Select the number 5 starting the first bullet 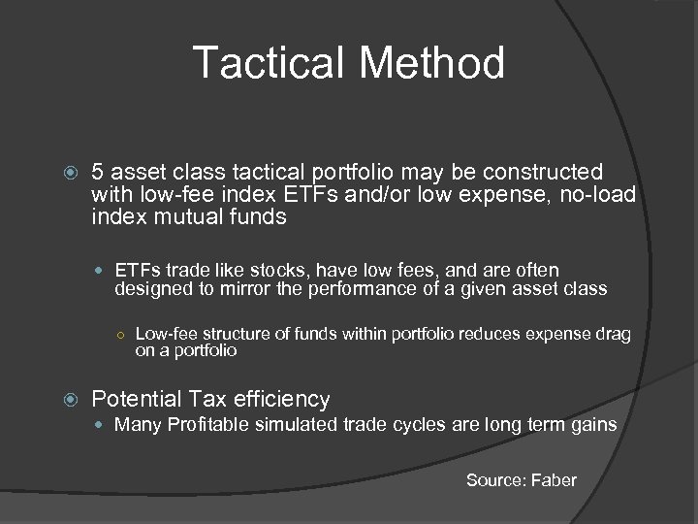(x=97, y=173)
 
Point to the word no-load (x=597, y=195)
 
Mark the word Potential (x=136, y=399)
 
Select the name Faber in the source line (x=553, y=480)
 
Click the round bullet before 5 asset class (x=67, y=174)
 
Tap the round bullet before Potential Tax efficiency (x=67, y=400)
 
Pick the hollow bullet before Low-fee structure (x=118, y=335)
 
